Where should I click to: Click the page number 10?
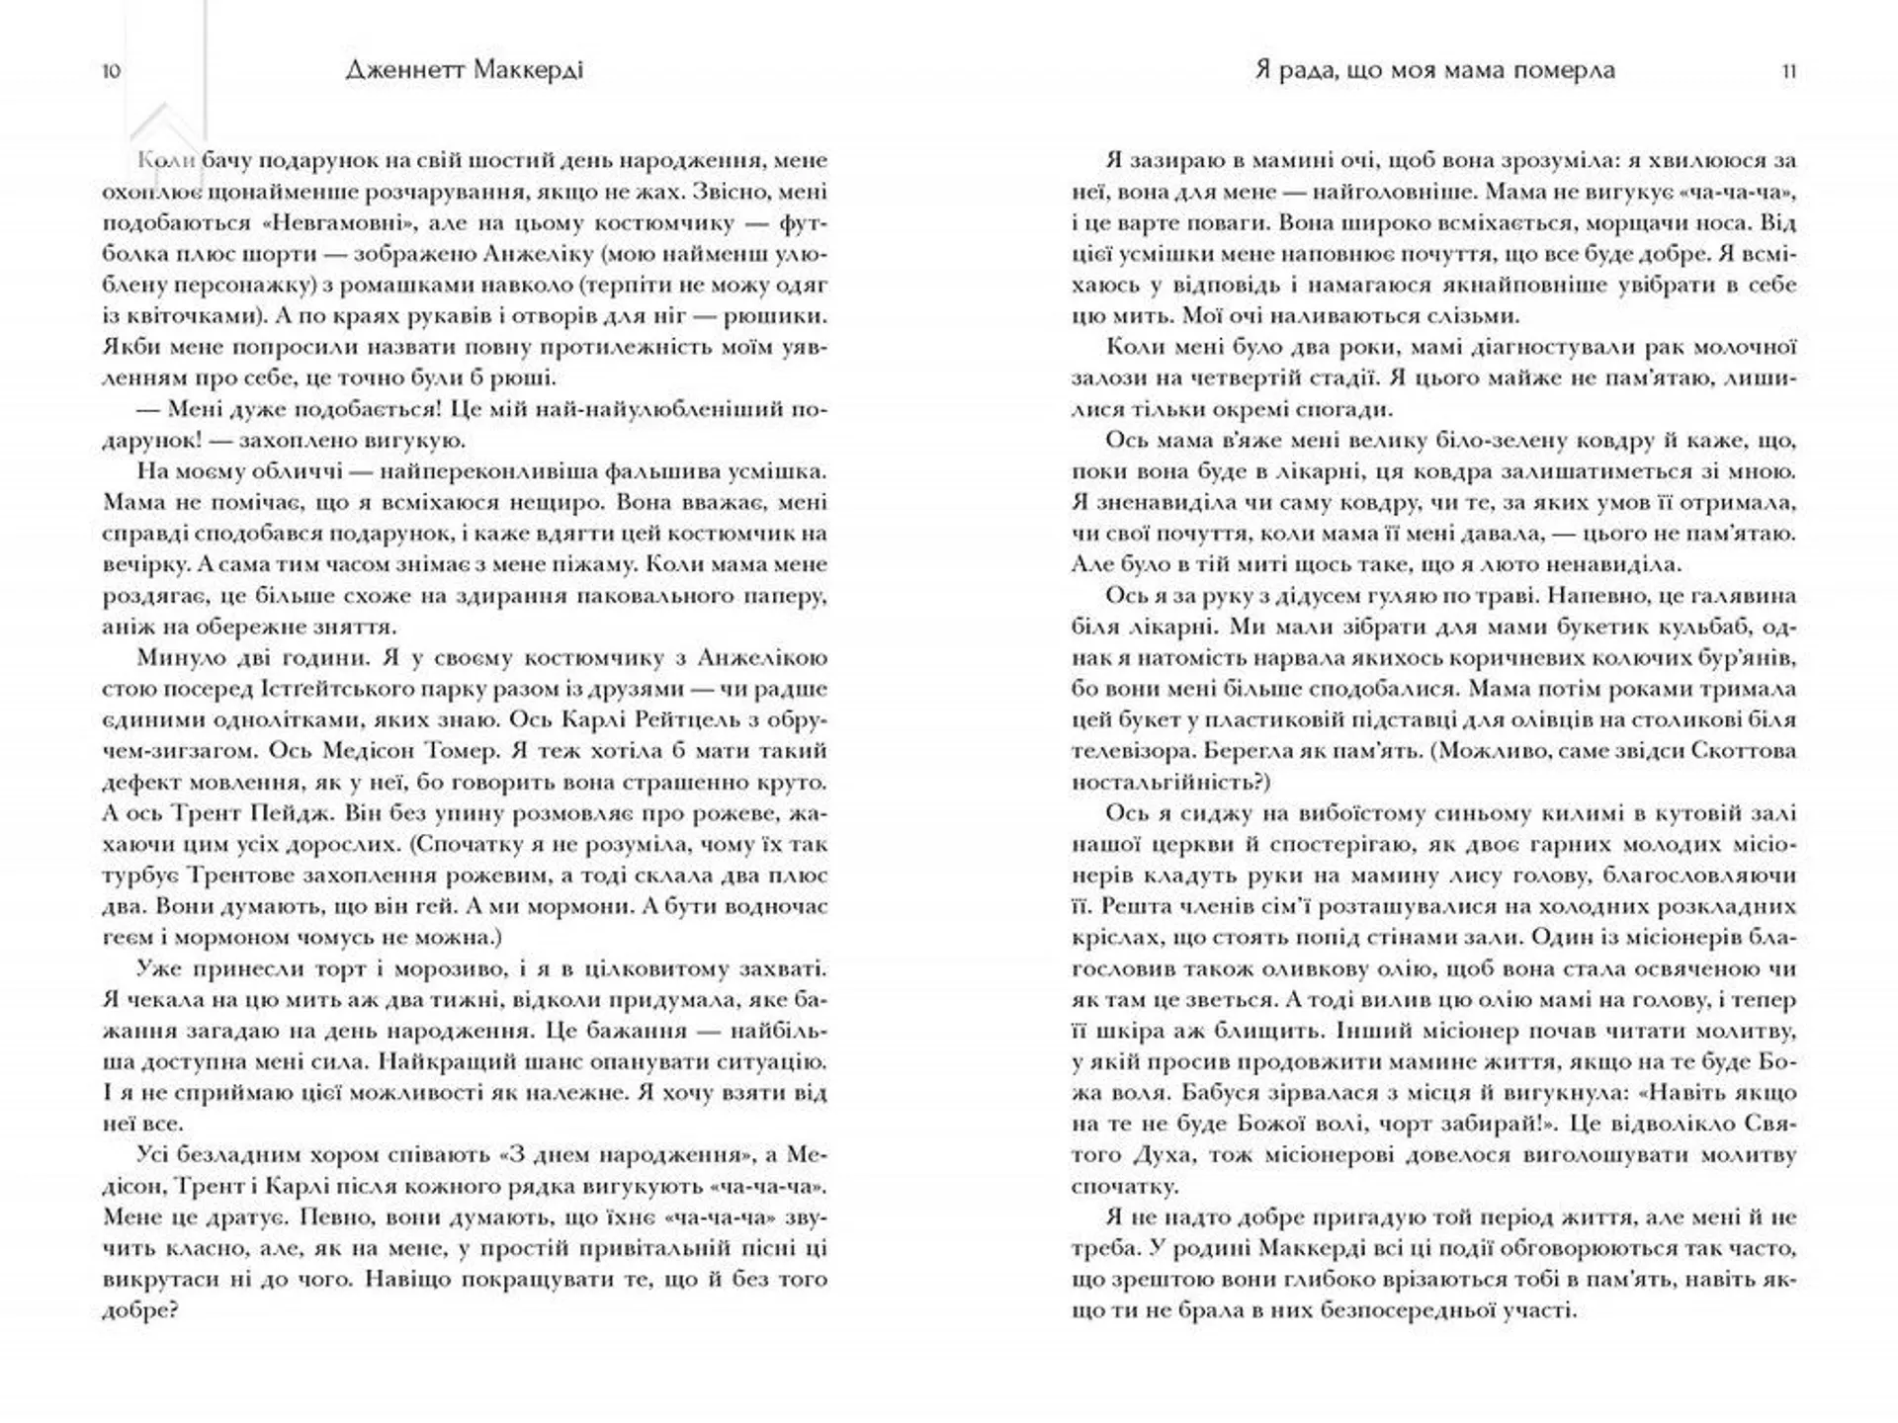pyautogui.click(x=111, y=71)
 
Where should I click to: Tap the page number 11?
pyautogui.click(x=1788, y=71)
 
